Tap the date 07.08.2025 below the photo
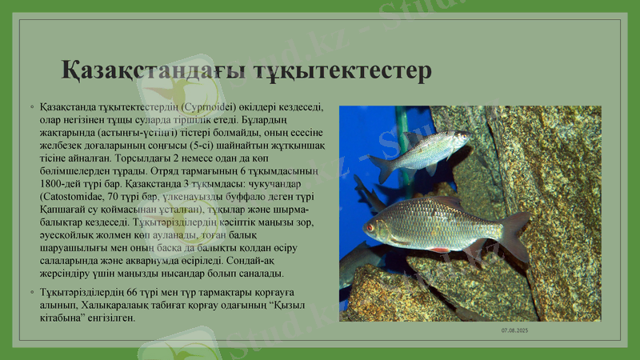pyautogui.click(x=514, y=330)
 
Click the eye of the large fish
pyautogui.click(x=370, y=226)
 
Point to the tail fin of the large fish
pyautogui.click(x=514, y=234)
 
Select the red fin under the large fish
pyautogui.click(x=439, y=250)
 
